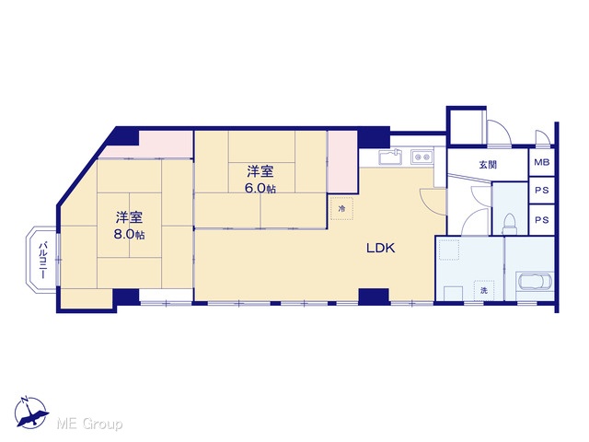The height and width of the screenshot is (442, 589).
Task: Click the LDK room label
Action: pos(380,248)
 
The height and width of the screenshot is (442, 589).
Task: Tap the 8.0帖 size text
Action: pos(129,235)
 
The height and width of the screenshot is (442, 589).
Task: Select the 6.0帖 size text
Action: pos(260,188)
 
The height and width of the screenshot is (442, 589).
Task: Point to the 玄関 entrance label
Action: pos(488,164)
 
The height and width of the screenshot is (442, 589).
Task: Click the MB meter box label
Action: pos(542,162)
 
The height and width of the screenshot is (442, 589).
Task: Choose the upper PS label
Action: pos(542,191)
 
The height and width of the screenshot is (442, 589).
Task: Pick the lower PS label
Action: pos(542,220)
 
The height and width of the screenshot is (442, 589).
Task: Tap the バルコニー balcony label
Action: pos(42,260)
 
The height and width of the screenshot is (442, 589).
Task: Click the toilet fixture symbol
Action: pos(510,225)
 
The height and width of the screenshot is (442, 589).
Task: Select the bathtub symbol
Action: pos(534,281)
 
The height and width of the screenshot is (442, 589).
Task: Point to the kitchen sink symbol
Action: pos(390,157)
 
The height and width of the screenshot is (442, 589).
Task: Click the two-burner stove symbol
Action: pos(422,156)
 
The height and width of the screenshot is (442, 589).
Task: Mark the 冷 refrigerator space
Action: pos(341,208)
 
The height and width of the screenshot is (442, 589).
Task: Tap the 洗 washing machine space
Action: pos(484,290)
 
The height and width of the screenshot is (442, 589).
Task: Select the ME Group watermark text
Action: pos(89,425)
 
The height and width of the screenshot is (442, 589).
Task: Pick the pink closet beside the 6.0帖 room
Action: pos(342,162)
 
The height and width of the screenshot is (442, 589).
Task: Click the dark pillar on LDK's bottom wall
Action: pos(374,296)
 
